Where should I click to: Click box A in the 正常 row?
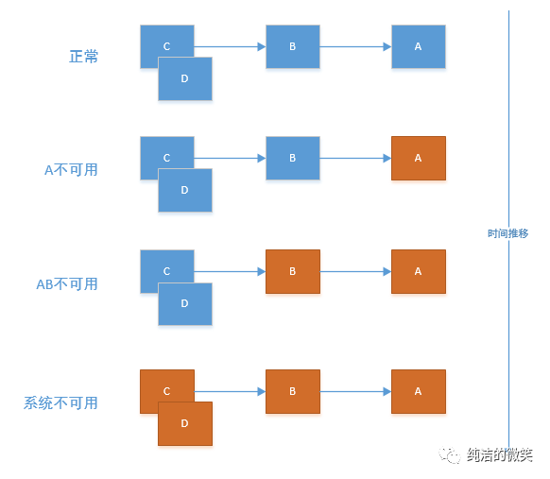(418, 46)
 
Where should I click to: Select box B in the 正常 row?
(293, 46)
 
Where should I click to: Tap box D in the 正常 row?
(184, 78)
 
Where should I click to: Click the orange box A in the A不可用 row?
(418, 158)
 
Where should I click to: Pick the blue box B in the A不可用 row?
(293, 158)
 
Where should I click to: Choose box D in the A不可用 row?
(184, 190)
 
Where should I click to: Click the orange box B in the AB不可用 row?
(293, 271)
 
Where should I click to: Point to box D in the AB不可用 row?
(184, 303)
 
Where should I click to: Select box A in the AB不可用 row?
(418, 271)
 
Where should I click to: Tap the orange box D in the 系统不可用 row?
(184, 423)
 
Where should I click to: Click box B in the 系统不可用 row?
(293, 391)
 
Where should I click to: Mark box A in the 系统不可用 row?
(418, 391)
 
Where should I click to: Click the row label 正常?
(83, 57)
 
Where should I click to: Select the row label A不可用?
(71, 170)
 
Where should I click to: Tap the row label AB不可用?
(66, 283)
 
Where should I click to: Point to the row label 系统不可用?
(60, 403)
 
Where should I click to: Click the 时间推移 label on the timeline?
(508, 233)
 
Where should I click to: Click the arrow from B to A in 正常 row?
(356, 46)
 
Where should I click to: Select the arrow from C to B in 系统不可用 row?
(230, 391)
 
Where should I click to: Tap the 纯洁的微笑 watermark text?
(499, 455)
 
